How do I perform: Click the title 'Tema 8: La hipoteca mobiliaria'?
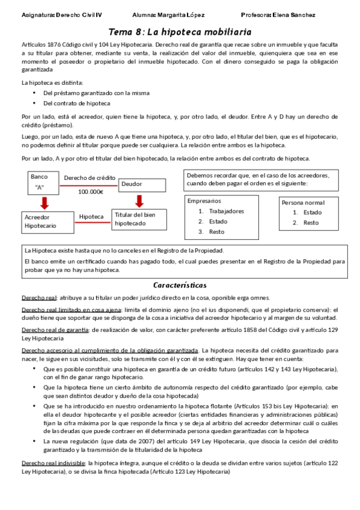coord(180,31)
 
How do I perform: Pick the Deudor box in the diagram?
coord(138,184)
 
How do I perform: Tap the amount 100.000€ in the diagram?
coord(90,192)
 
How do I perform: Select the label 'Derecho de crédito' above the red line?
coord(89,178)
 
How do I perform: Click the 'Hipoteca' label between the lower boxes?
coord(91,216)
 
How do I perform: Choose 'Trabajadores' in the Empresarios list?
coord(226,211)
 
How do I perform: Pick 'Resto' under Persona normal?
coord(311,223)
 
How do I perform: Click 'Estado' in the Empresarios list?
coord(219,221)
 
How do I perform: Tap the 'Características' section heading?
coord(180,284)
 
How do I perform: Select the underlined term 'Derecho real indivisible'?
coord(53,463)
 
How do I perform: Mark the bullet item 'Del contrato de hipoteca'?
coord(76,103)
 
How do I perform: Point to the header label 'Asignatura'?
coord(24,14)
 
